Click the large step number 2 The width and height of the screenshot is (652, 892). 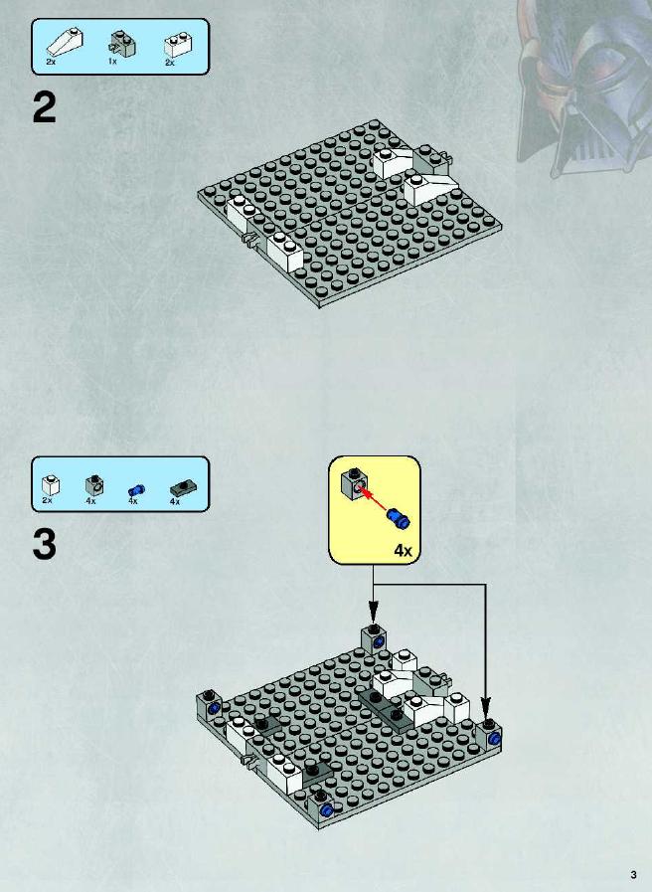click(45, 107)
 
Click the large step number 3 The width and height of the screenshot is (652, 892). click(45, 544)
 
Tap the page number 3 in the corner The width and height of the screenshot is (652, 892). click(633, 874)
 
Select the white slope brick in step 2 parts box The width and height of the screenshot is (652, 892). click(65, 40)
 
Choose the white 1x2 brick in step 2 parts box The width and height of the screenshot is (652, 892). click(178, 45)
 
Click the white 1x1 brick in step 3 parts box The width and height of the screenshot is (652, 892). click(51, 485)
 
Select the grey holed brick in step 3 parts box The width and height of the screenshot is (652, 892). click(94, 484)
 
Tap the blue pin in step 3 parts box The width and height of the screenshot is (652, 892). click(136, 490)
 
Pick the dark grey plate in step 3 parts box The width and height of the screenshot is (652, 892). click(184, 488)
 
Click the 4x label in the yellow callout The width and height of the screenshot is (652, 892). click(403, 550)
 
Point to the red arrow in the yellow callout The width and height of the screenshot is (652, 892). click(375, 497)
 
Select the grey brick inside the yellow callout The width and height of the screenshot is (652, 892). click(354, 483)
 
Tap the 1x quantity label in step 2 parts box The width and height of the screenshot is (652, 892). click(112, 61)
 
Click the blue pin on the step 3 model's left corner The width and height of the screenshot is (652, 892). click(214, 709)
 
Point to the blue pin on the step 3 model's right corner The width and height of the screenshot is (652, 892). click(496, 739)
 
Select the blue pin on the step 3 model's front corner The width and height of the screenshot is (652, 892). click(326, 810)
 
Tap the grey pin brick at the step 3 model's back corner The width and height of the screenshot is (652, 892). click(374, 638)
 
